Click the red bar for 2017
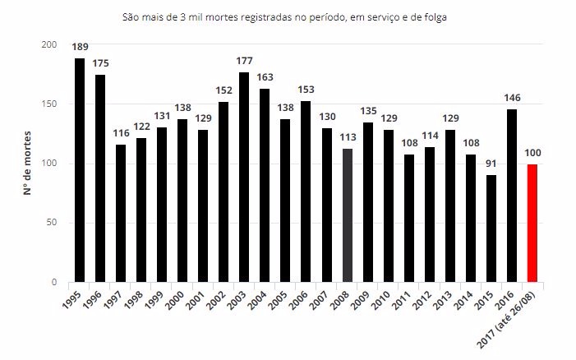pos(533,223)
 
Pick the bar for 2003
pos(244,177)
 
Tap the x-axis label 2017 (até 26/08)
pos(519,316)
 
